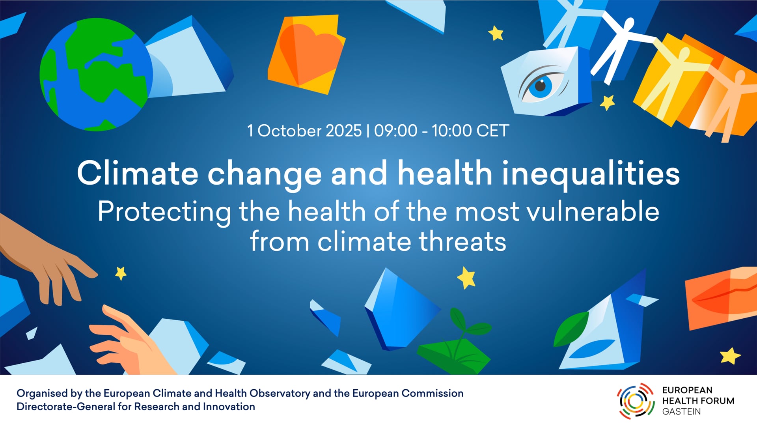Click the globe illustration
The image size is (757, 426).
coord(96,75)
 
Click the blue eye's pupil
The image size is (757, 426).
coord(541,85)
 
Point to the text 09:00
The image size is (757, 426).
coord(395,131)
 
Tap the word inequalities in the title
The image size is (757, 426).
coord(591,174)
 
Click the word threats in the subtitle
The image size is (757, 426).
coord(462,241)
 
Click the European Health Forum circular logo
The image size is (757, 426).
coord(636,401)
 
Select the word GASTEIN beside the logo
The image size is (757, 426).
coord(681,412)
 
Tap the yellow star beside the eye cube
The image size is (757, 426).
coord(607,103)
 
